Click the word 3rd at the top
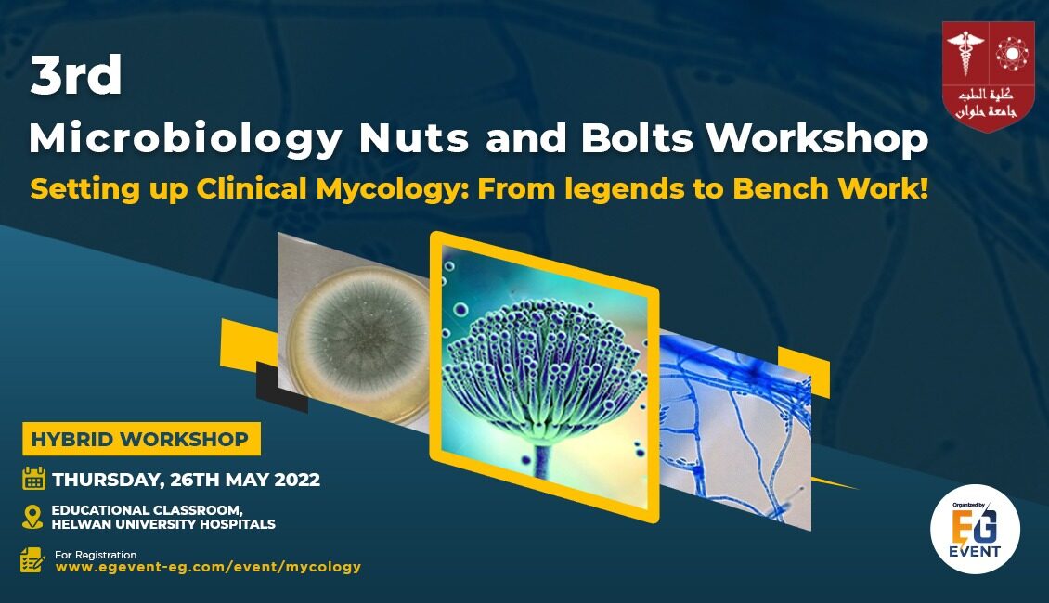(76, 75)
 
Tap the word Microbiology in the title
(186, 140)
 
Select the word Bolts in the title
(637, 138)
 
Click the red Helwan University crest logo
(988, 75)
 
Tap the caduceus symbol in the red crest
(965, 53)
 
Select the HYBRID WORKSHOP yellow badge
(141, 439)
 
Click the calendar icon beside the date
(33, 479)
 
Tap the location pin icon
(32, 517)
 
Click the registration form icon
(32, 560)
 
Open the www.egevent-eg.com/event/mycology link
(208, 567)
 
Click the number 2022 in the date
(297, 480)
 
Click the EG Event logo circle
(975, 529)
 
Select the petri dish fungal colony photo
(354, 331)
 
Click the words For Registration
(96, 554)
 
